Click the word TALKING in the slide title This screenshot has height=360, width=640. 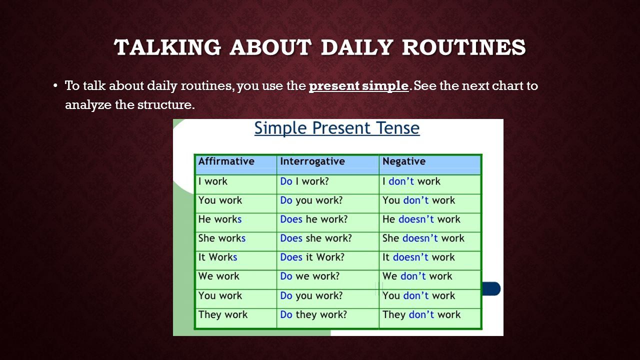[167, 47]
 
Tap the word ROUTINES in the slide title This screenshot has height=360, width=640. [463, 47]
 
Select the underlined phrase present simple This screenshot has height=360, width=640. [359, 86]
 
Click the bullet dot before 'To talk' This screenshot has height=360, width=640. [55, 85]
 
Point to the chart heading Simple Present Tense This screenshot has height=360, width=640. [337, 128]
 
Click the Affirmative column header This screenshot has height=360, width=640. [226, 161]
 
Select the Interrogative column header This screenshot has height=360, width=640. [312, 161]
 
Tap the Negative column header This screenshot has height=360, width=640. [404, 161]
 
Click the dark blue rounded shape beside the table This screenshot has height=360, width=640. [491, 288]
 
